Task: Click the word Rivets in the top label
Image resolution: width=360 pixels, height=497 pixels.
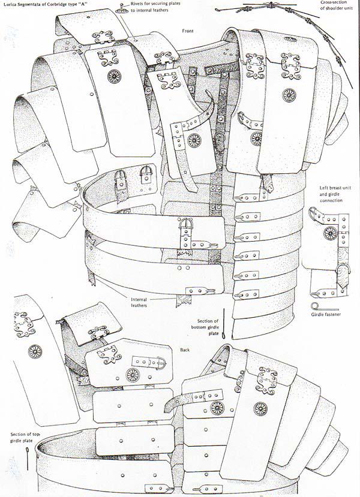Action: tap(137, 4)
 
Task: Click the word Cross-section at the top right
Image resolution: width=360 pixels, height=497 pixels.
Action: tap(332, 2)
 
